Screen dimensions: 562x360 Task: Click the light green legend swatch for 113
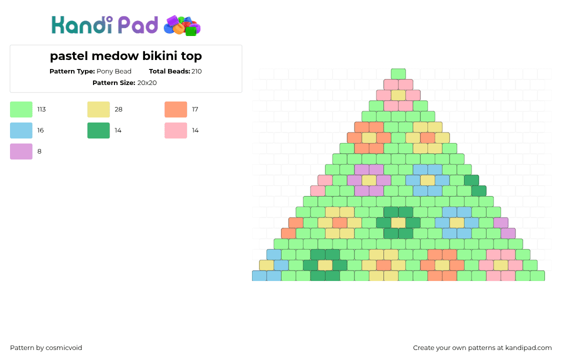click(x=21, y=109)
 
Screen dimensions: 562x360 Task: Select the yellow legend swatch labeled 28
click(x=98, y=109)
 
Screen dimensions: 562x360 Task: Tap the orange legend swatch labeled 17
click(x=175, y=109)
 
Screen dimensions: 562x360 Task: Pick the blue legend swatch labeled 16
click(x=21, y=130)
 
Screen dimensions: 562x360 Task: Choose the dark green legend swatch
click(x=98, y=130)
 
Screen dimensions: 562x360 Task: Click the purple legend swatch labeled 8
click(x=21, y=151)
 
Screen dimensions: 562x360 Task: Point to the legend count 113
click(x=41, y=109)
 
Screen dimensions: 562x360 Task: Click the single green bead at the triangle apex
click(x=398, y=74)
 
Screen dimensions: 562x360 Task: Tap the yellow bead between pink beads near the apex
click(x=398, y=95)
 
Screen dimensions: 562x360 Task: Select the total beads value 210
click(x=196, y=71)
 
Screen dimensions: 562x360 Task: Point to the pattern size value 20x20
click(x=147, y=83)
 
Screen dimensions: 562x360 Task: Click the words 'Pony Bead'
click(x=114, y=71)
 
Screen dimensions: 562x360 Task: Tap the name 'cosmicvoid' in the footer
click(x=64, y=348)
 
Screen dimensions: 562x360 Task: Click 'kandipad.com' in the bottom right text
click(x=528, y=348)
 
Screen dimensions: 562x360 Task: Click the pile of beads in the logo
click(x=182, y=26)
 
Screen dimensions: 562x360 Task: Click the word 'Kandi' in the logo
click(x=82, y=25)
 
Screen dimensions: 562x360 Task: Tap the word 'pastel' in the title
click(x=69, y=56)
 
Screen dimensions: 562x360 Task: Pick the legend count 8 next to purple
click(x=39, y=151)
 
